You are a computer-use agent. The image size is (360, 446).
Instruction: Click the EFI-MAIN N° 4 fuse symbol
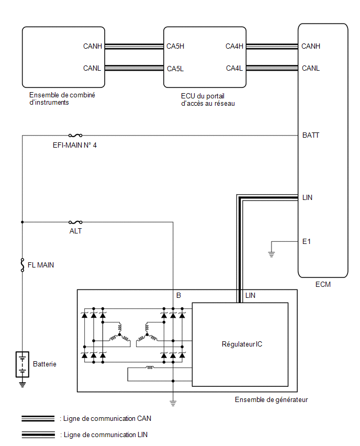pyautogui.click(x=75, y=136)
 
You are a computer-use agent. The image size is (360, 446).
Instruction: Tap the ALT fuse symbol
pyautogui.click(x=75, y=222)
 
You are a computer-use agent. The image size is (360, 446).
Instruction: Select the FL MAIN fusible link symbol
pyautogui.click(x=22, y=265)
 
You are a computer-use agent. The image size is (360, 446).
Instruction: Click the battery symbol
pyautogui.click(x=22, y=364)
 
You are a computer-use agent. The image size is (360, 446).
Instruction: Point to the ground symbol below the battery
pyautogui.click(x=22, y=384)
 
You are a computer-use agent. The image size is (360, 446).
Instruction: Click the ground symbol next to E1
pyautogui.click(x=272, y=254)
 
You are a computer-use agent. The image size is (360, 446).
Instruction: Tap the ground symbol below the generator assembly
pyautogui.click(x=173, y=403)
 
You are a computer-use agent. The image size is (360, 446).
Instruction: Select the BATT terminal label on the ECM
pyautogui.click(x=310, y=135)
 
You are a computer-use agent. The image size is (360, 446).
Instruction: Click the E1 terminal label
pyautogui.click(x=306, y=241)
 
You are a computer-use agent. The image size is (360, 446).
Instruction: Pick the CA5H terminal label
pyautogui.click(x=175, y=46)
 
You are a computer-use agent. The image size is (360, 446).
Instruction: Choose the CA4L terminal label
pyautogui.click(x=234, y=68)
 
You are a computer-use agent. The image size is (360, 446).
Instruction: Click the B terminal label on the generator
pyautogui.click(x=178, y=296)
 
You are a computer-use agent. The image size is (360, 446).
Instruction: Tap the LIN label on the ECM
pyautogui.click(x=307, y=197)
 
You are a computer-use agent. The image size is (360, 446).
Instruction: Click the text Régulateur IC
pyautogui.click(x=242, y=344)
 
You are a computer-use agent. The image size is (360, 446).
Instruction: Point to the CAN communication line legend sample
pyautogui.click(x=38, y=418)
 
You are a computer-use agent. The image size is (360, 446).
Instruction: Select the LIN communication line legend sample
pyautogui.click(x=38, y=434)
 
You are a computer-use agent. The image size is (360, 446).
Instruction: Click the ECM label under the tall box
pyautogui.click(x=323, y=284)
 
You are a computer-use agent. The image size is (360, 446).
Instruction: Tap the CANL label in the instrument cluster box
pyautogui.click(x=92, y=68)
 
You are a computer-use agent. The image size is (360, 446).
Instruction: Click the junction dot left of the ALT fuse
pyautogui.click(x=22, y=222)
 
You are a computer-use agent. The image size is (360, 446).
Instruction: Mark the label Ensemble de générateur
pyautogui.click(x=271, y=399)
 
